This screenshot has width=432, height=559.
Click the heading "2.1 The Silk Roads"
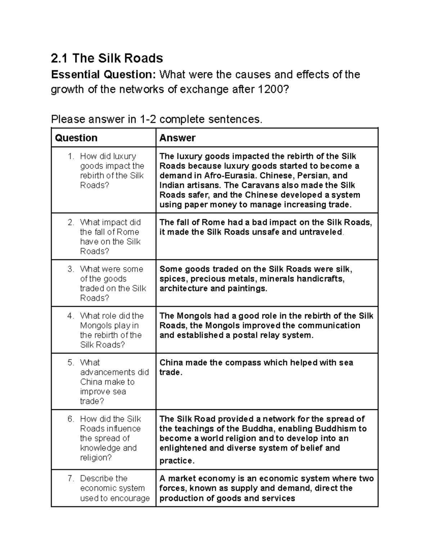click(x=107, y=58)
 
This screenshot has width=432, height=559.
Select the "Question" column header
click(x=76, y=138)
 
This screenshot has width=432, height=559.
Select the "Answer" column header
click(x=177, y=138)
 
